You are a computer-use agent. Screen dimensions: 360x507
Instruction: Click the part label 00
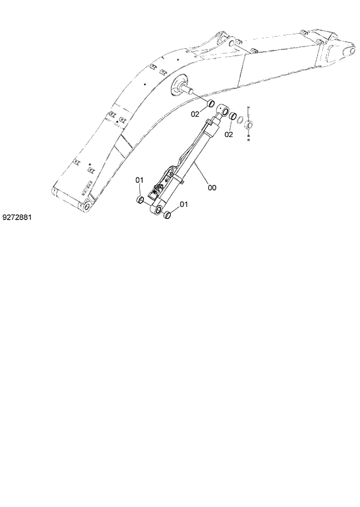coord(213,188)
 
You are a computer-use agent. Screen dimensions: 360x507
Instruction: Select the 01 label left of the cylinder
coord(139,180)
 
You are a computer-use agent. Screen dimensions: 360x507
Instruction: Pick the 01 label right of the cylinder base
coord(183,204)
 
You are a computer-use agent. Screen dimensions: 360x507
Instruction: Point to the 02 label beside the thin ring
coord(229,135)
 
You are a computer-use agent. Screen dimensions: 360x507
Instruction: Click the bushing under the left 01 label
coord(140,200)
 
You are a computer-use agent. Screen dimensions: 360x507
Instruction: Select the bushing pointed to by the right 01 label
coord(167,216)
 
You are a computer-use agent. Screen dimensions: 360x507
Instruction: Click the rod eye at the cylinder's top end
coord(222,111)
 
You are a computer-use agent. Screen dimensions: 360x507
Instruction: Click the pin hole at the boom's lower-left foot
coord(86,207)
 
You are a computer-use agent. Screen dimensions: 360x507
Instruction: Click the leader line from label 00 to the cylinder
coord(201,175)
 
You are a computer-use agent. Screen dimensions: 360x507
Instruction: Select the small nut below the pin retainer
coord(249,138)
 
